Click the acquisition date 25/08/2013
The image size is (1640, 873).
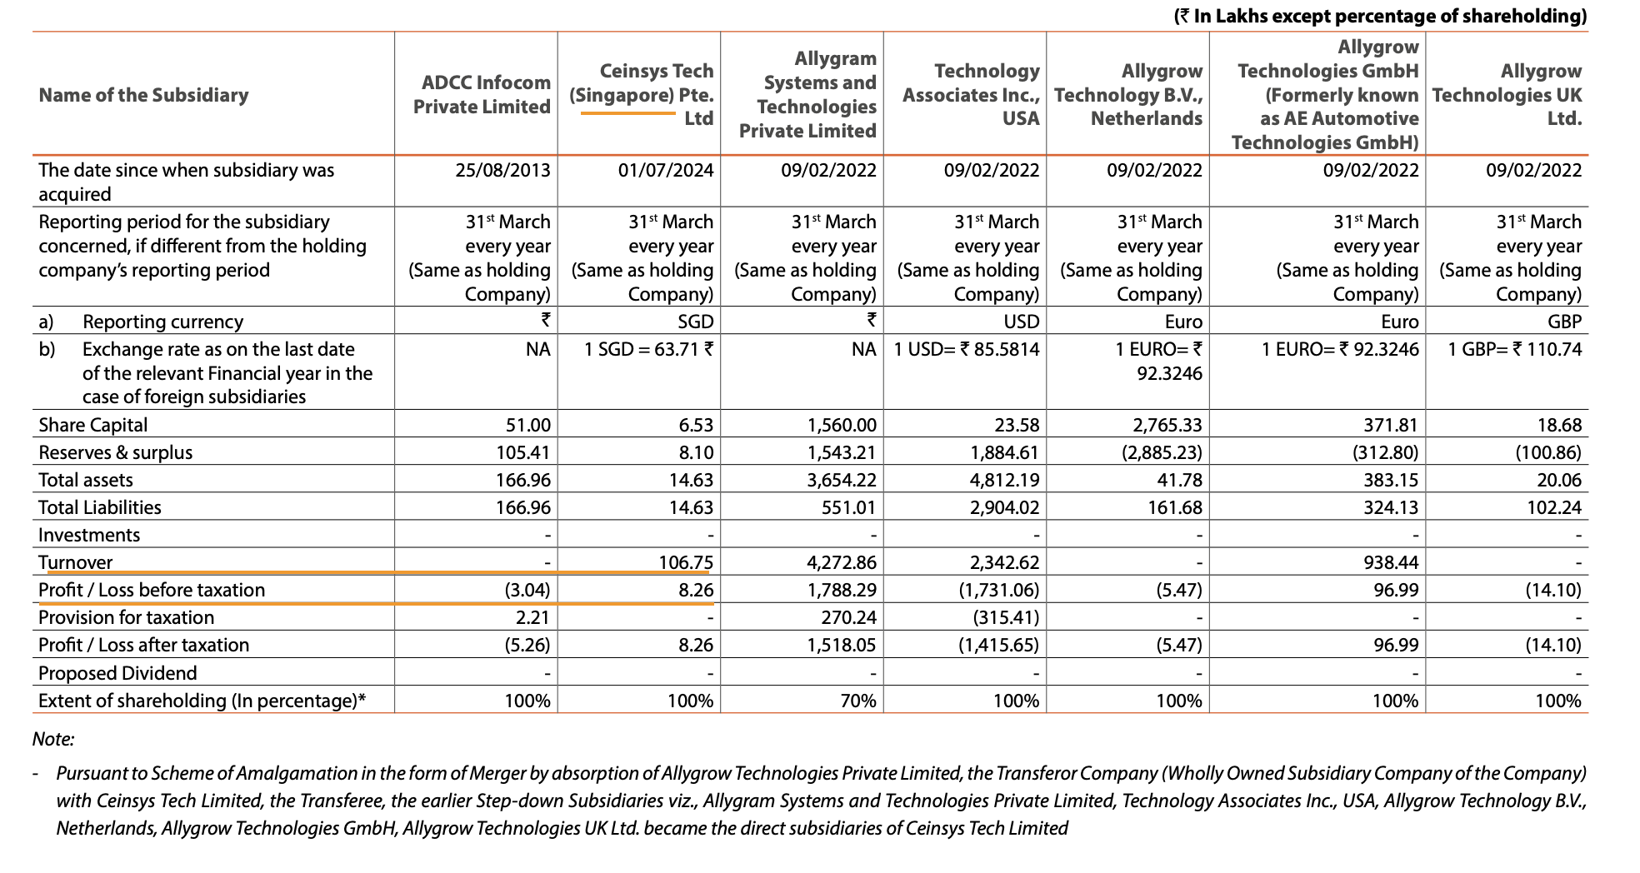coord(502,171)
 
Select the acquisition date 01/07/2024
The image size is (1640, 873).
coord(665,171)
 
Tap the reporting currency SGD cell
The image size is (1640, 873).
coord(695,322)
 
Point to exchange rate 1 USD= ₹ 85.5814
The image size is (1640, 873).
coord(967,349)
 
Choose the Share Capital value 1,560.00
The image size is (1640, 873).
coord(842,425)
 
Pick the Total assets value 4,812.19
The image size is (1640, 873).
coord(1004,480)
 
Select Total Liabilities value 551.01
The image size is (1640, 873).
coord(848,507)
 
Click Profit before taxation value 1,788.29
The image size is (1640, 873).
coord(842,590)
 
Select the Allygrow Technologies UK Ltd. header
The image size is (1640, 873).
coord(1507,94)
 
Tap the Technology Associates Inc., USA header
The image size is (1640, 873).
coord(971,94)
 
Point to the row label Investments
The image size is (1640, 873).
coord(89,535)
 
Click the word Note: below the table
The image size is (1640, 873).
coord(53,739)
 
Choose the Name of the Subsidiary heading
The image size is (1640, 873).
coord(143,95)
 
